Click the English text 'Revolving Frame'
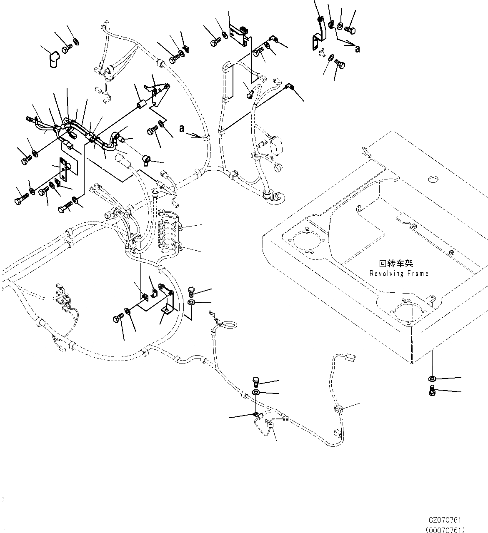[398, 274]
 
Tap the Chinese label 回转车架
[396, 264]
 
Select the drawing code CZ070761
[445, 520]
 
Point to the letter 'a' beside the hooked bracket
[357, 49]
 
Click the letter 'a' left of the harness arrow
[182, 129]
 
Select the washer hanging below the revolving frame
[432, 379]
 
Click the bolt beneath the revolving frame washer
[432, 391]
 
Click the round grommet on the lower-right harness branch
[338, 410]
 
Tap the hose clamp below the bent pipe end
[147, 159]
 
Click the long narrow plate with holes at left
[64, 170]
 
